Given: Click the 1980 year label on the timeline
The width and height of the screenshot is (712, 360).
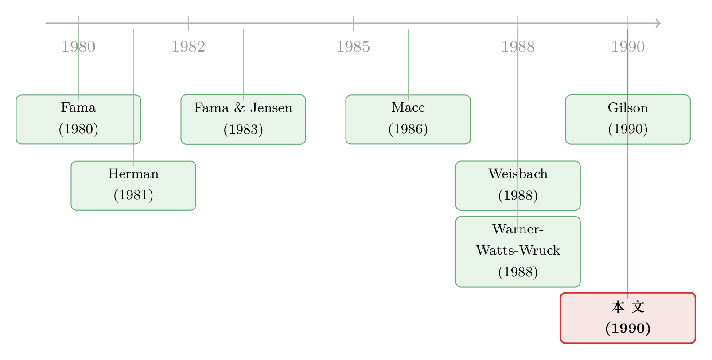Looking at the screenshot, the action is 78,46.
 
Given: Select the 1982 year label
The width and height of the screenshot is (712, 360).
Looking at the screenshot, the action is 188,46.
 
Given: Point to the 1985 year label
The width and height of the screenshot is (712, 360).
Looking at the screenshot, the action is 353,46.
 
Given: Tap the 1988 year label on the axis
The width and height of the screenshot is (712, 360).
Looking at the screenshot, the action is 518,46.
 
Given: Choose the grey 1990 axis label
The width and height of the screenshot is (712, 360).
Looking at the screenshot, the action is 628,46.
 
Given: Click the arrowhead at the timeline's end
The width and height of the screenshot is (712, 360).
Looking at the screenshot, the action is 658,23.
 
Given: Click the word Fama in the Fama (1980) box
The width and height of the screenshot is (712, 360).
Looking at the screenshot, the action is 78,108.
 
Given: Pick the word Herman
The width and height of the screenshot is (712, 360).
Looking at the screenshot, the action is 133,174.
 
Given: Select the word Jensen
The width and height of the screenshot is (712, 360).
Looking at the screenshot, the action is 271,108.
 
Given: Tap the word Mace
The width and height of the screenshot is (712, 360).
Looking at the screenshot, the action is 408,108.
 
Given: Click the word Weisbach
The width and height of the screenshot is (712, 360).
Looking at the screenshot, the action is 518,174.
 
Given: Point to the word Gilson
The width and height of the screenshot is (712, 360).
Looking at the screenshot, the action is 628,108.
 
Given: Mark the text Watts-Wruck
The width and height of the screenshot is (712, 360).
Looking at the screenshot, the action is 518,250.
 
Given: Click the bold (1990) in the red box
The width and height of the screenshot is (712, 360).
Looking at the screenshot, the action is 628,328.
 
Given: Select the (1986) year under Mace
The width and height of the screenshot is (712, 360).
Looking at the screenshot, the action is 408,129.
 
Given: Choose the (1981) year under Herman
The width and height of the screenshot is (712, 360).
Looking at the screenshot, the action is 133,195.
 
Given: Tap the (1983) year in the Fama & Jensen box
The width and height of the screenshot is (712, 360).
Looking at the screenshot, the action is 244,129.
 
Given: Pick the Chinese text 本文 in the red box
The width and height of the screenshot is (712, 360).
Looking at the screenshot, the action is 628,307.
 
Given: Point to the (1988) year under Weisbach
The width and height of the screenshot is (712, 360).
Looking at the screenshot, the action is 518,195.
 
